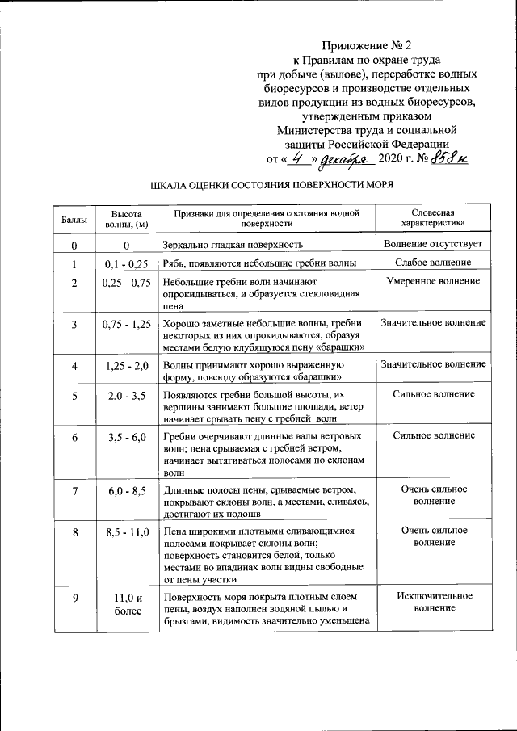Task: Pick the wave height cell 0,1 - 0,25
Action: click(x=127, y=264)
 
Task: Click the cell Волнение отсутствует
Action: click(x=433, y=243)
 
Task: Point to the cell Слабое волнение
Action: click(x=433, y=263)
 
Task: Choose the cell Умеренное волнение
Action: click(x=433, y=282)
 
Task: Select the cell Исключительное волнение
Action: click(x=434, y=603)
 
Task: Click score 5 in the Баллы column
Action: click(x=74, y=396)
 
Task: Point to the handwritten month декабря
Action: click(x=343, y=158)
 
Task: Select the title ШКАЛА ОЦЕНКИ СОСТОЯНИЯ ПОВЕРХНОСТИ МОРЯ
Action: click(x=272, y=185)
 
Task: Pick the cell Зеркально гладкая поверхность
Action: click(x=233, y=244)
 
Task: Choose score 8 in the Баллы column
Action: click(x=74, y=533)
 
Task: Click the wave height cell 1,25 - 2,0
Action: click(x=127, y=366)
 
